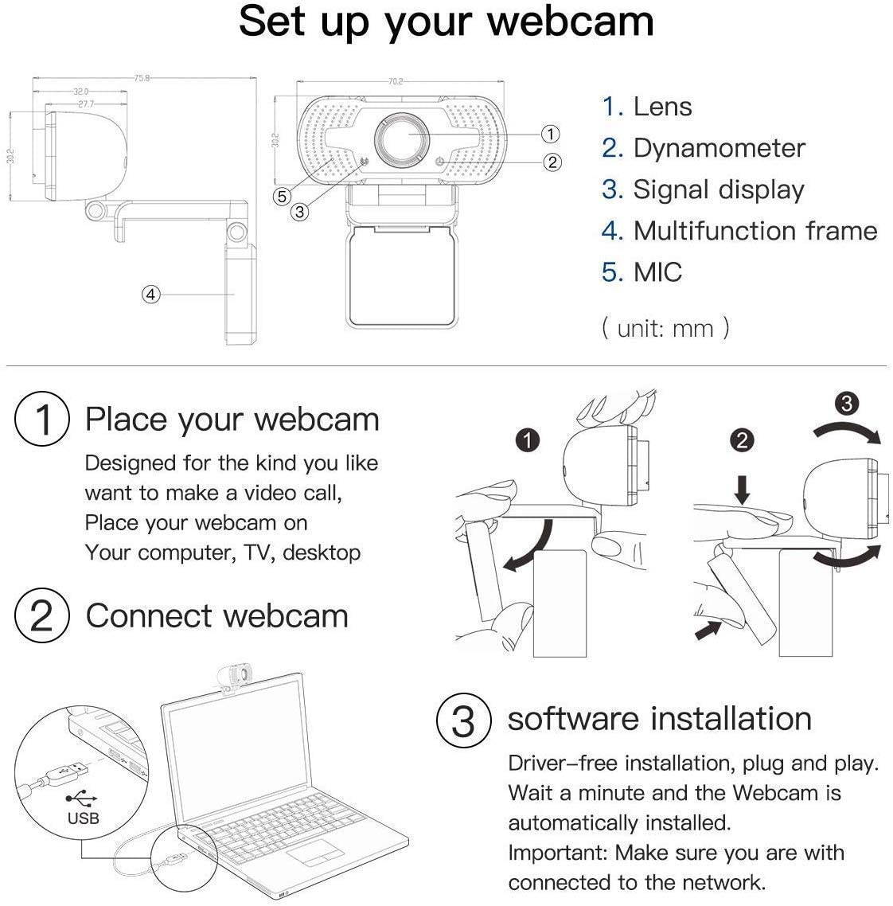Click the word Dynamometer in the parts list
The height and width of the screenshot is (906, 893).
click(719, 148)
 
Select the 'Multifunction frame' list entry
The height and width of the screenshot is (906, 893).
click(755, 231)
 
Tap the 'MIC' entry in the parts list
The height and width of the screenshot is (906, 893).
click(657, 272)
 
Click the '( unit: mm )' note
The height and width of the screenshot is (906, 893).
click(665, 327)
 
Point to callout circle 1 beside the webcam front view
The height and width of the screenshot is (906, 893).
click(549, 134)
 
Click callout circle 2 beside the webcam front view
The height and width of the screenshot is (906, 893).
click(552, 162)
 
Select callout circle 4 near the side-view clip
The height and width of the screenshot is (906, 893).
click(151, 294)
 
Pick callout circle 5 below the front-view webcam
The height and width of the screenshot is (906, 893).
click(281, 197)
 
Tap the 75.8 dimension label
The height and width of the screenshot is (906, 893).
click(142, 78)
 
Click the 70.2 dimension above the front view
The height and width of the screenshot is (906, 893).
click(396, 81)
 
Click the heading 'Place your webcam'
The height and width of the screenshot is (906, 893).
click(232, 420)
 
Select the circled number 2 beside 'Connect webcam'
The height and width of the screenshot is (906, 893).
click(41, 616)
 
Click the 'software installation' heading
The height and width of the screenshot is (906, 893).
click(659, 718)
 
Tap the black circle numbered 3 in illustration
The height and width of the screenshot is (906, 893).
click(846, 404)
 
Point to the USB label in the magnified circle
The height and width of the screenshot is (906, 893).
click(83, 817)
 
